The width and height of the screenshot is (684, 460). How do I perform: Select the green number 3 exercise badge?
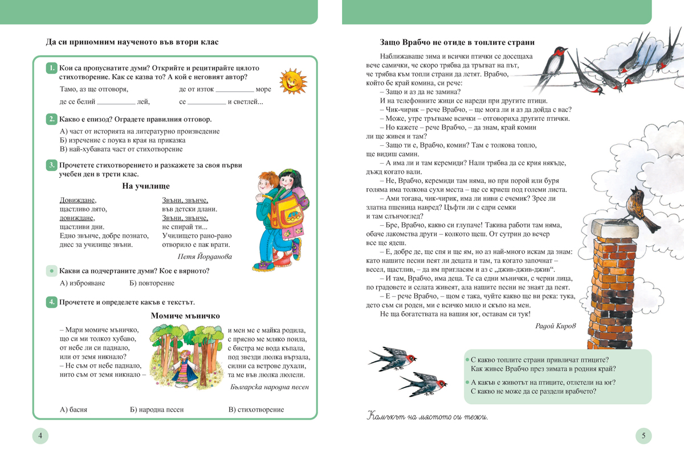51,165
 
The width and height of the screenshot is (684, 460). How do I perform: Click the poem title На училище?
146,186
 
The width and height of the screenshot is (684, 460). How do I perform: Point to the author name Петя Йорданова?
205,257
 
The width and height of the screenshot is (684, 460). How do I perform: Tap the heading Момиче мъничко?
185,316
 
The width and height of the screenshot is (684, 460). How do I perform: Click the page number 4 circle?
40,437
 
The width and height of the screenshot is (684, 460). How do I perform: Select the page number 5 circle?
644,437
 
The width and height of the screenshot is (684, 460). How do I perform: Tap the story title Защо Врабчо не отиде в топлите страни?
461,42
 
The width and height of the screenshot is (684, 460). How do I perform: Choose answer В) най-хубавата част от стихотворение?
121,149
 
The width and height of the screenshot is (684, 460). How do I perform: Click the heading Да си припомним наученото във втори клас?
132,42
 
